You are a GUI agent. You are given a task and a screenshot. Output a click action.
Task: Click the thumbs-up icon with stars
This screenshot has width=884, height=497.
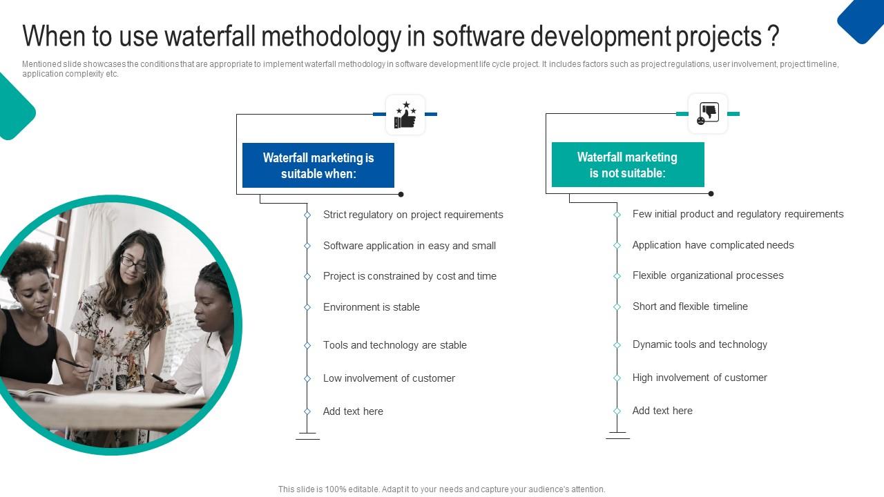[x=405, y=115]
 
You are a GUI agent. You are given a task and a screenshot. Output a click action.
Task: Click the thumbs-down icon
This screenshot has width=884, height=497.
[x=708, y=114]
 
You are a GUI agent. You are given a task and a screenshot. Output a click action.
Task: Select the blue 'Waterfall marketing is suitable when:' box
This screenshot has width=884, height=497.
[x=318, y=166]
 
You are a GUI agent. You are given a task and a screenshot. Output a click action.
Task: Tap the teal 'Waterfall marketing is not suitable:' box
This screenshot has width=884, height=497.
[x=628, y=165]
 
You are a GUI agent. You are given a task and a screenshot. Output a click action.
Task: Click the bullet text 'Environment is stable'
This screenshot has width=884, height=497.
[x=371, y=307]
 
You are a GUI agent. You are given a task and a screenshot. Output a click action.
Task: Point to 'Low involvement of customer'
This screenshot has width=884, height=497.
[x=389, y=378]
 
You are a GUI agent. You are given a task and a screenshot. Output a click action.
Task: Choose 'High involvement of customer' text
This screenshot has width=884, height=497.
[x=700, y=378]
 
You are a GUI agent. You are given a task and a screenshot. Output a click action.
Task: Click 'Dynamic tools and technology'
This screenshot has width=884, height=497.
[x=700, y=344]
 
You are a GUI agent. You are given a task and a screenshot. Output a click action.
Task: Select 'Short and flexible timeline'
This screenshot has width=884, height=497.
[x=690, y=306]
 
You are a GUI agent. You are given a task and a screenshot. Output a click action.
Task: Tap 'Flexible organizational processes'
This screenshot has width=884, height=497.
[x=708, y=275]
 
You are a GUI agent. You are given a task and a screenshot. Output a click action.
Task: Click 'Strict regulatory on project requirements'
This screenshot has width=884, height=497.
[x=413, y=215]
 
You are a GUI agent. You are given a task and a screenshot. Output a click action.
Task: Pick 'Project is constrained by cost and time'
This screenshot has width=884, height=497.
[x=410, y=276]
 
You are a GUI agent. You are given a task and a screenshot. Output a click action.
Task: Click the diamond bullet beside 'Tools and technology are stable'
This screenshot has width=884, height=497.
[x=307, y=345]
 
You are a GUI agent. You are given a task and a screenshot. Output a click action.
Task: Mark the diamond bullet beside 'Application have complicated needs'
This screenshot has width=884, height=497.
[x=617, y=245]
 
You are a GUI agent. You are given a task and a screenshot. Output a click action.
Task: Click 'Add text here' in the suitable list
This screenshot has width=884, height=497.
[x=353, y=411]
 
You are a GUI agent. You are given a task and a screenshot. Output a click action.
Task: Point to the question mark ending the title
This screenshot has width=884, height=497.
[x=773, y=36]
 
